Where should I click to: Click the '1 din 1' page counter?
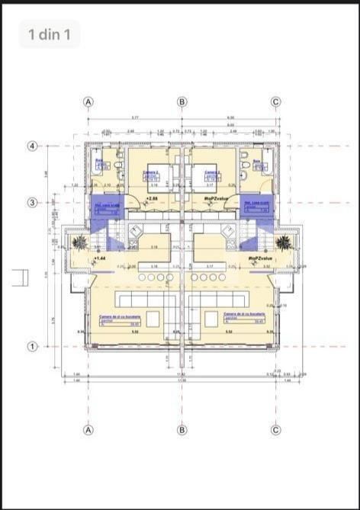pyautogui.click(x=50, y=34)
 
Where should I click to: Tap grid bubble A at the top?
pyautogui.click(x=88, y=101)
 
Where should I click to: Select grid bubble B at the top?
pyautogui.click(x=182, y=101)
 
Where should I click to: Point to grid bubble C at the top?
pyautogui.click(x=276, y=101)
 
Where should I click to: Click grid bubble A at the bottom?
pyautogui.click(x=88, y=430)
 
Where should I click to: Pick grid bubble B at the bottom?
pyautogui.click(x=182, y=430)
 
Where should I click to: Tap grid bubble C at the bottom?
pyautogui.click(x=276, y=430)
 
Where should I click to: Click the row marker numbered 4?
pyautogui.click(x=33, y=146)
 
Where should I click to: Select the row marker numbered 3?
pyautogui.click(x=33, y=203)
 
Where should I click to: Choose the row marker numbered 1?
pyautogui.click(x=33, y=346)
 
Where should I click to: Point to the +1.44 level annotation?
pyautogui.click(x=99, y=259)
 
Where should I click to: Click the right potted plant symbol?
pyautogui.click(x=283, y=242)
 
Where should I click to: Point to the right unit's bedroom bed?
pyautogui.click(x=207, y=176)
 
